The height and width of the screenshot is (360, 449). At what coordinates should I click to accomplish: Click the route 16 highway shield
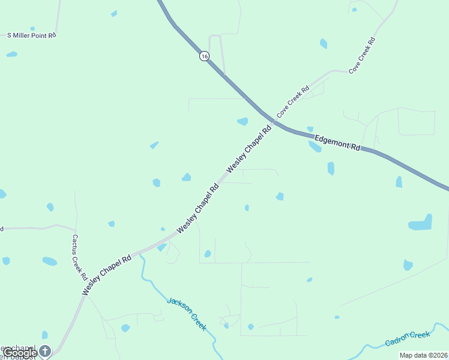205,56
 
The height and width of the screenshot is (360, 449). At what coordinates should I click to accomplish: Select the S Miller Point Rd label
31,35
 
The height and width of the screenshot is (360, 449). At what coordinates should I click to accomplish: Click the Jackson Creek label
187,314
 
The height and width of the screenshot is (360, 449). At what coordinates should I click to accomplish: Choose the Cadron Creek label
408,338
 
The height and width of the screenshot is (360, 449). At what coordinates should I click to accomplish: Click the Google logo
20,353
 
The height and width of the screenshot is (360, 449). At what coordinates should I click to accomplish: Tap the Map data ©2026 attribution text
423,355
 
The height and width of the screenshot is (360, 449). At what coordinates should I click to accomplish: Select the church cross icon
46,349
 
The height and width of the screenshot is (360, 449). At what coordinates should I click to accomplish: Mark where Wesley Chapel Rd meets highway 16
273,122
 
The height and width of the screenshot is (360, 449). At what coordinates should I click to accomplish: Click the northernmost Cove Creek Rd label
362,55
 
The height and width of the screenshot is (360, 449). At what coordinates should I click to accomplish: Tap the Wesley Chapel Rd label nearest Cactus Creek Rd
106,275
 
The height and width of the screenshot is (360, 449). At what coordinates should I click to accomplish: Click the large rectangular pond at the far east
420,223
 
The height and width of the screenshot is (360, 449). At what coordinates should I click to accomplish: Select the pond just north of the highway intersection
243,121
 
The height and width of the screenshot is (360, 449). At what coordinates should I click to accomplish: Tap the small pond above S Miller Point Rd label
32,28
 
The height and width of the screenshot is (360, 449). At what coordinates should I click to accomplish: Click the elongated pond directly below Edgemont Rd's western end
315,146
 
